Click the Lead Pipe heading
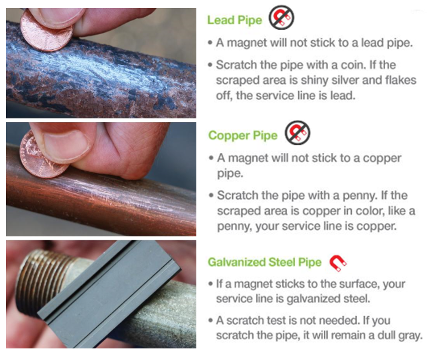pyautogui.click(x=235, y=20)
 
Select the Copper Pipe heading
pyautogui.click(x=243, y=135)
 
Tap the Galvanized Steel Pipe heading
pyautogui.click(x=264, y=262)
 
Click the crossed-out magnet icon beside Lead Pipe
pyautogui.click(x=281, y=17)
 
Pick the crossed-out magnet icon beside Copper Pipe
pyautogui.click(x=297, y=132)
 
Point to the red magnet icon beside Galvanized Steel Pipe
pyautogui.click(x=338, y=263)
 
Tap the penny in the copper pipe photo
pyautogui.click(x=41, y=156)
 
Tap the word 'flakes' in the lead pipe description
pyautogui.click(x=401, y=80)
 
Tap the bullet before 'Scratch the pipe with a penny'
pyautogui.click(x=211, y=195)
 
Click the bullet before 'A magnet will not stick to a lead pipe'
pyautogui.click(x=210, y=43)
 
